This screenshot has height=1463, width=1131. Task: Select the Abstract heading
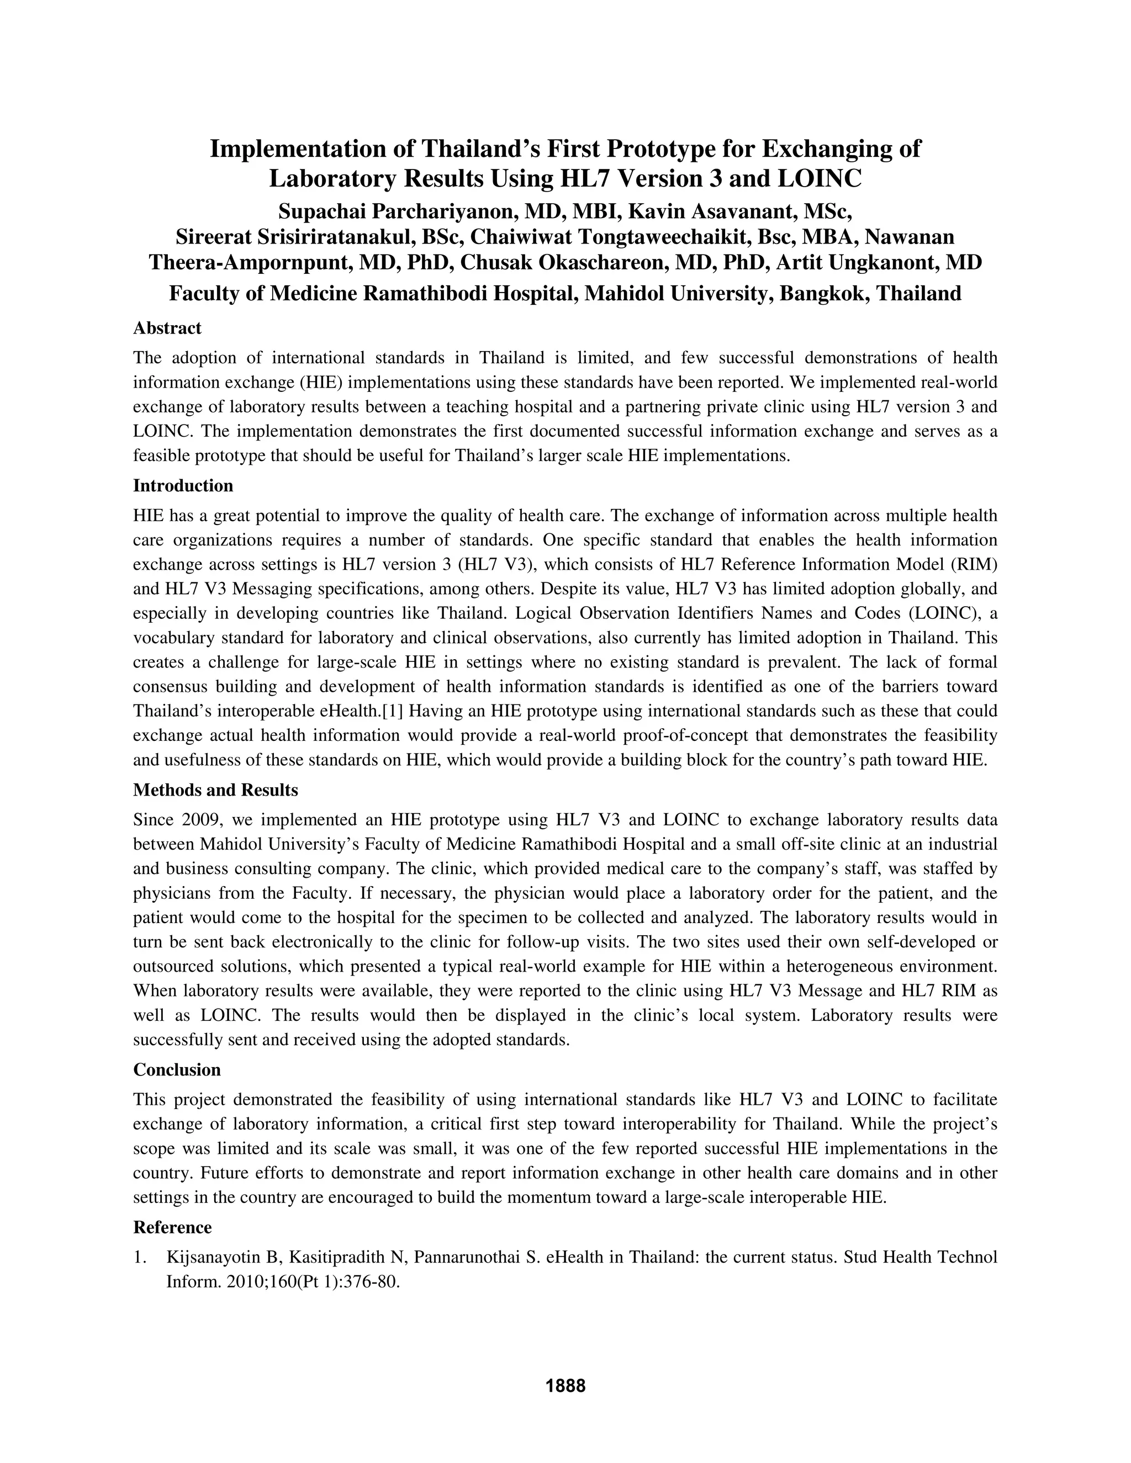(167, 328)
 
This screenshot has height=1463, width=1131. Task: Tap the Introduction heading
(183, 486)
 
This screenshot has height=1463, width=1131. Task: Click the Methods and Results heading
(215, 790)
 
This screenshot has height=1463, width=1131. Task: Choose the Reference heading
(172, 1227)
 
